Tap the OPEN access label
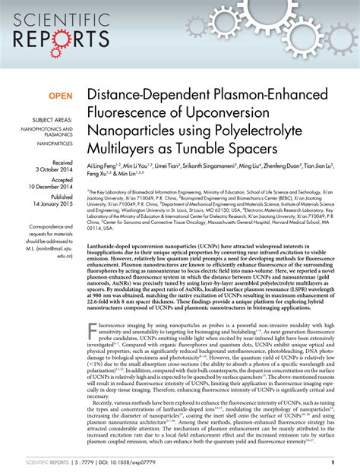(x=61, y=97)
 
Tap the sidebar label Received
(x=62, y=162)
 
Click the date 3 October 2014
(x=52, y=170)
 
